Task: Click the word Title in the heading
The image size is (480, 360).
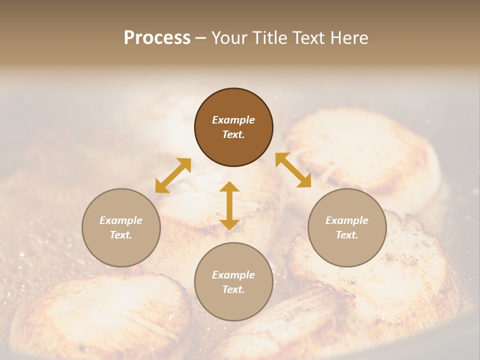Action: (x=266, y=38)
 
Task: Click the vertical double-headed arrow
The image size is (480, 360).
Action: (x=229, y=205)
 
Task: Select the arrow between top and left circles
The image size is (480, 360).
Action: (x=173, y=175)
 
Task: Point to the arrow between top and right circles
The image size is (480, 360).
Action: (x=293, y=170)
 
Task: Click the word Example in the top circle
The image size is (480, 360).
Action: (x=233, y=120)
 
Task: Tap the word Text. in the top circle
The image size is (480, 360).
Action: (x=233, y=134)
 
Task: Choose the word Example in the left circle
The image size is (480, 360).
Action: (x=121, y=220)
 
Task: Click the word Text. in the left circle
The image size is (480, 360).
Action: (x=121, y=235)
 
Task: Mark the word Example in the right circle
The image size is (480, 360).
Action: (x=347, y=220)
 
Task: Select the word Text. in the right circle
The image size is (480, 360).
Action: (x=347, y=235)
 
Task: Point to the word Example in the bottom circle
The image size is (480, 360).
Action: (x=233, y=275)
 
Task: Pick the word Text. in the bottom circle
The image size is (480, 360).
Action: (x=233, y=289)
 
